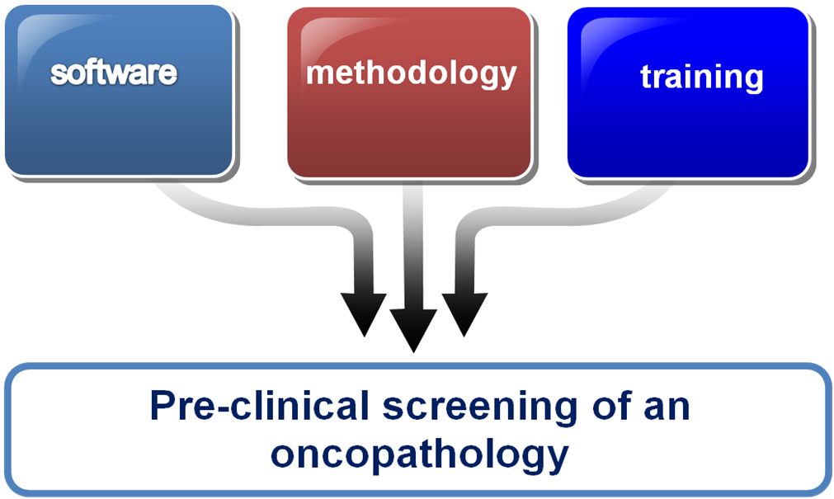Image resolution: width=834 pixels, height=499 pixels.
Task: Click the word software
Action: pyautogui.click(x=114, y=73)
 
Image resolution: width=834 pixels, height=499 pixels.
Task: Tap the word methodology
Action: pyautogui.click(x=411, y=74)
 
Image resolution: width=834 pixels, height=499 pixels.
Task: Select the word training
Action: pyautogui.click(x=701, y=78)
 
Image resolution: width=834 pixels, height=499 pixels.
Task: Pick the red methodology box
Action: pyautogui.click(x=409, y=92)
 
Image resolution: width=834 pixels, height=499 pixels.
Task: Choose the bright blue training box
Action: pyautogui.click(x=689, y=92)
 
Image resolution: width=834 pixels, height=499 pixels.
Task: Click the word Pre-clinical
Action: pyautogui.click(x=260, y=407)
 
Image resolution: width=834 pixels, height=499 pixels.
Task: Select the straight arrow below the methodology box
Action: pyautogui.click(x=413, y=266)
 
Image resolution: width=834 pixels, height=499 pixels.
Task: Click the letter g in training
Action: pyautogui.click(x=754, y=82)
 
